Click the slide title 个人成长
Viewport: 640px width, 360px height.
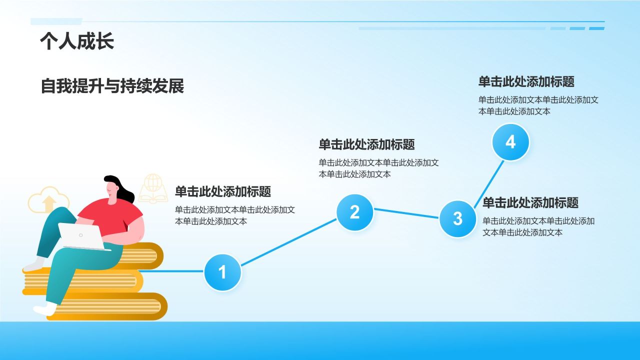(x=77, y=41)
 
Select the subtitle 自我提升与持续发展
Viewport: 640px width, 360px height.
(x=112, y=86)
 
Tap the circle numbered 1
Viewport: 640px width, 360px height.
(x=222, y=272)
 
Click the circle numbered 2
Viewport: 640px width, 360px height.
(x=354, y=212)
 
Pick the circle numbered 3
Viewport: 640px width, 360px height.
(x=457, y=218)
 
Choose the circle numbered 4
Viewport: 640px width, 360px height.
(x=510, y=142)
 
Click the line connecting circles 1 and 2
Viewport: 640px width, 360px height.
(x=288, y=242)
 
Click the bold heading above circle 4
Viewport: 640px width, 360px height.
(x=526, y=81)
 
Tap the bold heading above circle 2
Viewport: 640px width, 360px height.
(x=366, y=144)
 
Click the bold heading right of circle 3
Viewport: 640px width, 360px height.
(x=530, y=202)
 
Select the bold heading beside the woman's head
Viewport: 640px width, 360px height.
(x=222, y=191)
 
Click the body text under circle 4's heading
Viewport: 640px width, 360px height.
(x=538, y=105)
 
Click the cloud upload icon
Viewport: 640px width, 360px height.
(x=48, y=200)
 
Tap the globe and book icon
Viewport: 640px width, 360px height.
(x=153, y=189)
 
